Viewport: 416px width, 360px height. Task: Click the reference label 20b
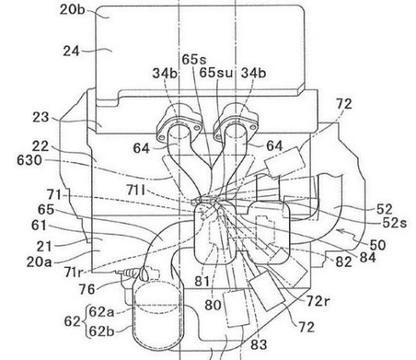[x=72, y=10]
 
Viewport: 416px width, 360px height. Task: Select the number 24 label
[x=71, y=51]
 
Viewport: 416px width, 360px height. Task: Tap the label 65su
[x=216, y=72]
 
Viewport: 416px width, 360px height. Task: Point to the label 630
[x=29, y=161]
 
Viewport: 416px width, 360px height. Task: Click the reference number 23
[x=41, y=117]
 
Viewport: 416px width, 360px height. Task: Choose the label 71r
[x=73, y=272]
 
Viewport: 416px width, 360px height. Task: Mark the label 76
[x=86, y=289]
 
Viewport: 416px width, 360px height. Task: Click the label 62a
[x=101, y=312]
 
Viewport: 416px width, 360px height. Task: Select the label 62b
[x=101, y=331]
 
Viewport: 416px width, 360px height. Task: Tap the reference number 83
[x=259, y=344]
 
